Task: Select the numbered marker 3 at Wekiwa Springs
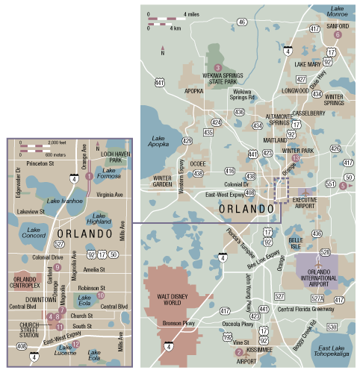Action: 218,68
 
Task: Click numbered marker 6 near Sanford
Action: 338,34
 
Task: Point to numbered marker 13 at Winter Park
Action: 296,158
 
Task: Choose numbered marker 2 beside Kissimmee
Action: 239,352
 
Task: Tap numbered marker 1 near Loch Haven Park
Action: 89,176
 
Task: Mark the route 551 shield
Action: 329,182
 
